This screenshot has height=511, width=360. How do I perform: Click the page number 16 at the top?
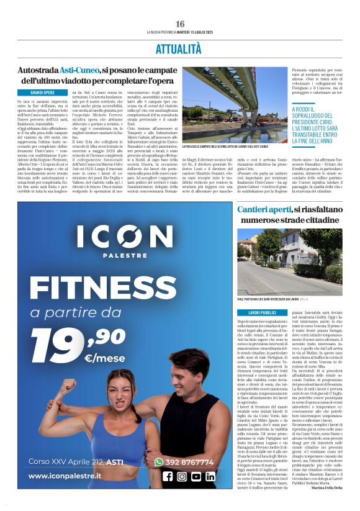point(180,24)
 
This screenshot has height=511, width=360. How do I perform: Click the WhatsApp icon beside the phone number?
point(159,461)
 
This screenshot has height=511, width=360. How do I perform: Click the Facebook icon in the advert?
point(167,476)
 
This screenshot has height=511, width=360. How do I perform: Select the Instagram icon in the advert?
point(182,476)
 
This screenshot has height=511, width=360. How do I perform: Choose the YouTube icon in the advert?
point(196,476)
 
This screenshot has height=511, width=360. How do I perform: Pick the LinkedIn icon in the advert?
point(210,476)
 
